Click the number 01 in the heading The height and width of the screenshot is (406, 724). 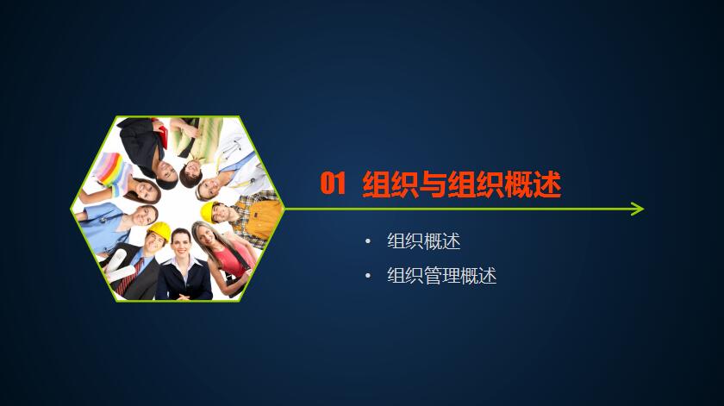pos(333,184)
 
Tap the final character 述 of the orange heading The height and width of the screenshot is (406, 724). pos(547,184)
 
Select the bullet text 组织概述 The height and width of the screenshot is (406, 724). pos(424,241)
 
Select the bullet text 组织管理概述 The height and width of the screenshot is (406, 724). pos(442,276)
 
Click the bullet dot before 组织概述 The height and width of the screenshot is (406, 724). pos(367,241)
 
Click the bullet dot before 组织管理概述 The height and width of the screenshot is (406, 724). pos(367,276)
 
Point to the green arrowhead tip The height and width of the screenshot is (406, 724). pos(644,209)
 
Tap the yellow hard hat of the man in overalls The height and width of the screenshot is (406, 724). pos(209,211)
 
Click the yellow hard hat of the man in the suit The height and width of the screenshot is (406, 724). pos(159,230)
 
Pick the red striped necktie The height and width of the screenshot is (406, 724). pos(130,278)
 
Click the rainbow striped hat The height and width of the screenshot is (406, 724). pos(111,169)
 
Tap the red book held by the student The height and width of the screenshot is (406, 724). pos(162,133)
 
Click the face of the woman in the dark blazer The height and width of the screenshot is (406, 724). pos(181,245)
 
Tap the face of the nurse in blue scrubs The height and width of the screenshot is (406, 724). pos(145,215)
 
